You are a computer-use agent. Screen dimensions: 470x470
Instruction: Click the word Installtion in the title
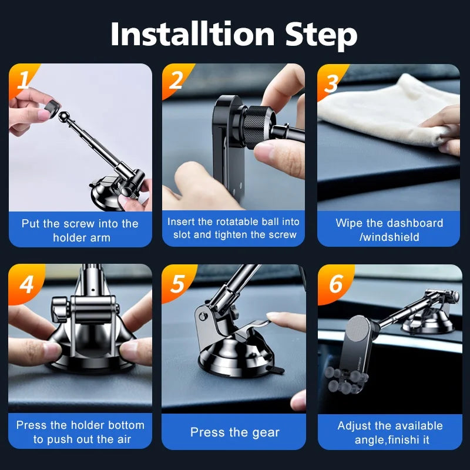[193, 34]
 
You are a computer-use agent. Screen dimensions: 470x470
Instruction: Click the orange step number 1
[23, 80]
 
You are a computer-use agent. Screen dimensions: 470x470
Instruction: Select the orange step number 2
[176, 80]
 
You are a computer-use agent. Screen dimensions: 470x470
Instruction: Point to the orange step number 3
[331, 83]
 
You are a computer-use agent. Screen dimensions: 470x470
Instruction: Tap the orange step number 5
[177, 284]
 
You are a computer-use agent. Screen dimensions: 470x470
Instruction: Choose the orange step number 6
[336, 284]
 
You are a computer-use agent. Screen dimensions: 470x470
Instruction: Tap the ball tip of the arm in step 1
[63, 116]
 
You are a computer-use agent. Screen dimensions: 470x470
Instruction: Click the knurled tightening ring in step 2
[256, 126]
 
